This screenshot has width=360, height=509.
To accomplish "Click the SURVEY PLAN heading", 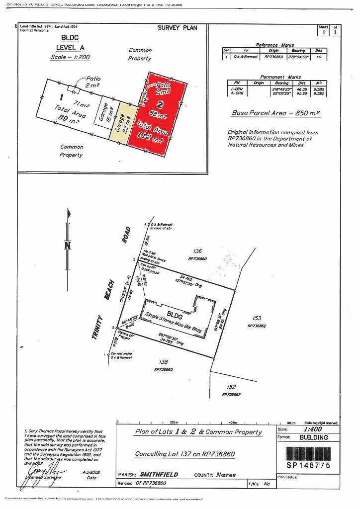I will [178, 28].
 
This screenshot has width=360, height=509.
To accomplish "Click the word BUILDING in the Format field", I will [313, 438].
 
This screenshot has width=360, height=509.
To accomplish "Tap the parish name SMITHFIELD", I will [159, 475].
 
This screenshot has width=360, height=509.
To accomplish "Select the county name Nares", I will [227, 475].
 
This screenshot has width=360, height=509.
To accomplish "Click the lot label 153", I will [257, 318].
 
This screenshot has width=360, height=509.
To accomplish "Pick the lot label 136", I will [197, 252].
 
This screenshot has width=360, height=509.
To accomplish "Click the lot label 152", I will [231, 387].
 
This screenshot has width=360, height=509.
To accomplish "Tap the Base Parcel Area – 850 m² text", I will [275, 113].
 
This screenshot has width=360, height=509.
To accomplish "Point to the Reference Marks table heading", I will [274, 45].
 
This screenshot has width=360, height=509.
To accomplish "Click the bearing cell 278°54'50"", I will [298, 57].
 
